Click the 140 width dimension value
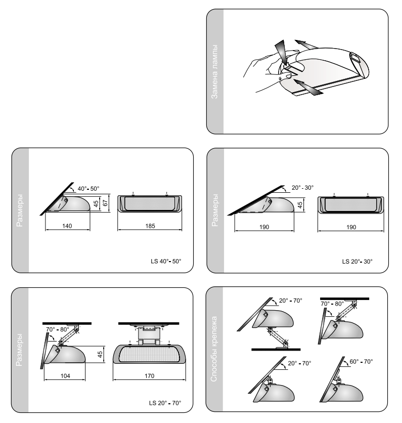coord(67,226)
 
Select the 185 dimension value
coord(150,226)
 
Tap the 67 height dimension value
coord(105,202)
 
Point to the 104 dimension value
coord(65,376)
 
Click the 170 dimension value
coord(149,376)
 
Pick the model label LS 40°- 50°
coord(166,261)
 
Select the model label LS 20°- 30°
coord(357,262)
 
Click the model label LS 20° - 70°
coord(165,403)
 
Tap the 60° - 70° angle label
coord(361,361)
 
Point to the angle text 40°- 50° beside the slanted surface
coord(88,189)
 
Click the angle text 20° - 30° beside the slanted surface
coord(302,188)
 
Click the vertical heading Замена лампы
coord(214,71)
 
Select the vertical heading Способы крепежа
coord(214,349)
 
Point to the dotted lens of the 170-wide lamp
coord(149,354)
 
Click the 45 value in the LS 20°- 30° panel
coord(300,205)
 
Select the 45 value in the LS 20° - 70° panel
coord(100,354)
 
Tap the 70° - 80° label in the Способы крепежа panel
coord(332,304)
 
